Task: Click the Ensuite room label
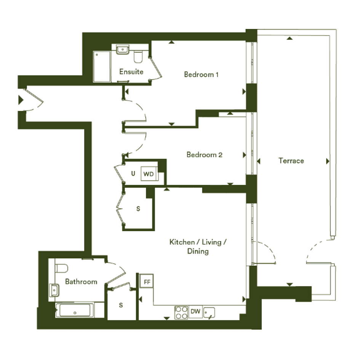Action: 131,72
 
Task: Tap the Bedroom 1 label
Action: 201,74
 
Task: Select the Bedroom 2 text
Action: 204,155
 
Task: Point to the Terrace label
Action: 291,161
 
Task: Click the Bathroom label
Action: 81,282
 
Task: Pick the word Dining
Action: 198,251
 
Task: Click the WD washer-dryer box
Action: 149,174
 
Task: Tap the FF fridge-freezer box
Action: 147,281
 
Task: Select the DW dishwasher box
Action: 195,312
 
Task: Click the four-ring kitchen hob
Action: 181,313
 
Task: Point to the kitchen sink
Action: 209,313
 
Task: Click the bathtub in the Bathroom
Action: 75,310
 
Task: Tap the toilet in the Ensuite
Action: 138,56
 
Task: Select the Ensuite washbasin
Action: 123,50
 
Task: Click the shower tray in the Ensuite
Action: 102,67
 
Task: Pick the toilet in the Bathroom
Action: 62,268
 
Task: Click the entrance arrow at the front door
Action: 21,100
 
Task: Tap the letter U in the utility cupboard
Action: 133,174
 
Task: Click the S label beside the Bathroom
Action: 121,305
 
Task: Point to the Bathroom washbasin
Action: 54,290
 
